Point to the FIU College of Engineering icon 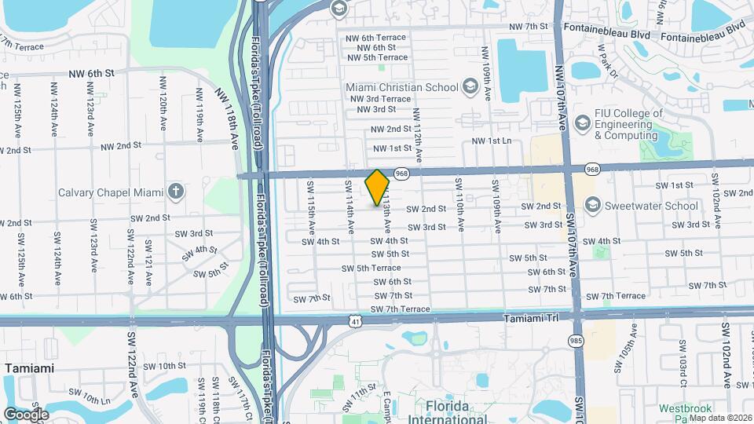[582, 123]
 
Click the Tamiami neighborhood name [30, 367]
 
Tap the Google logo [26, 414]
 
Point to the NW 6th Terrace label [376, 37]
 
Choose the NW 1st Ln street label [491, 141]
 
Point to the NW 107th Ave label [561, 98]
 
